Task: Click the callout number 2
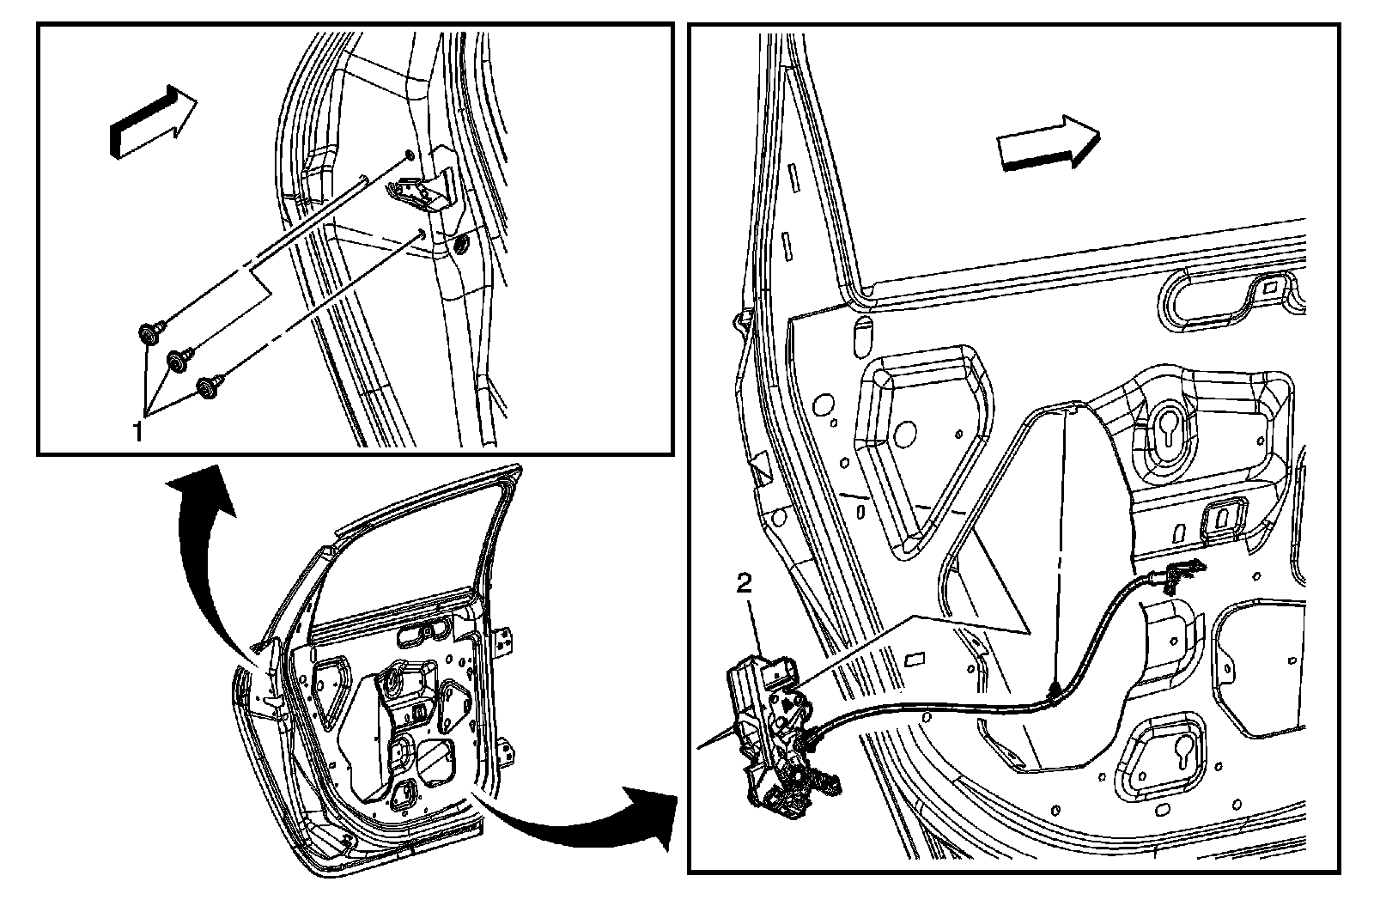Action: point(745,585)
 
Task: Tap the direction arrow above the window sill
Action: point(1049,142)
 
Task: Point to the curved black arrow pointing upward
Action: point(203,550)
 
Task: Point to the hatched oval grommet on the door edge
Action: point(459,246)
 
